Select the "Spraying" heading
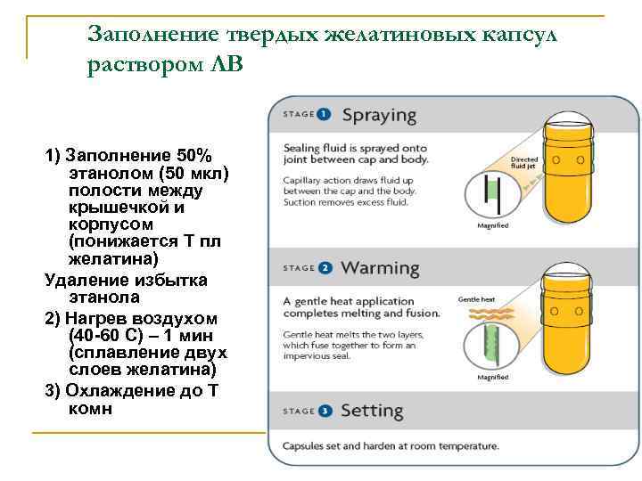[x=379, y=115]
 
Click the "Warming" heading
[x=380, y=267]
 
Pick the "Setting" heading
[x=372, y=412]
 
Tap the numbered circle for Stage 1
[x=323, y=115]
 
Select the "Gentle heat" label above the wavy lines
[x=476, y=300]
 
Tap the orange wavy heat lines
[x=481, y=317]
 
